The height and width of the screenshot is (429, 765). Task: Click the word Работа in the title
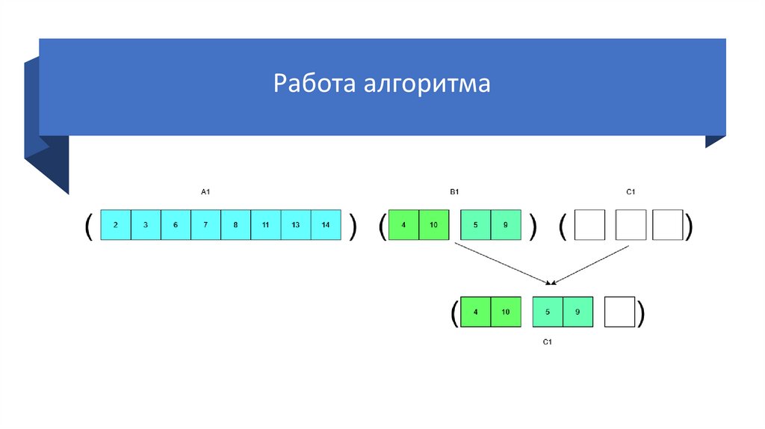click(315, 84)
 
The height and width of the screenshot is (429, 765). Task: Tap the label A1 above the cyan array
click(206, 193)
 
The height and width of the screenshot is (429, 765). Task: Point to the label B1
click(454, 193)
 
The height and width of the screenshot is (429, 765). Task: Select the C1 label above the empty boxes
click(630, 193)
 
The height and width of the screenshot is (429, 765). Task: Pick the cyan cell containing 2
click(115, 225)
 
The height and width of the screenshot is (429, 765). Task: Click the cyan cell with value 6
click(176, 225)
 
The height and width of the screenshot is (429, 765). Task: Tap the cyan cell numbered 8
click(235, 225)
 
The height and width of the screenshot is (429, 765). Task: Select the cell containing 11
click(266, 225)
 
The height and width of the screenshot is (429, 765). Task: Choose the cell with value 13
click(296, 225)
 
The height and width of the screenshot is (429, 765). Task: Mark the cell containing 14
click(326, 225)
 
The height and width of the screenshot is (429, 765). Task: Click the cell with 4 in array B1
click(404, 225)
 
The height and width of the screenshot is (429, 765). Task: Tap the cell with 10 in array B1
click(434, 225)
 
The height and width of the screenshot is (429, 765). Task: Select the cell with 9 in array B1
click(506, 225)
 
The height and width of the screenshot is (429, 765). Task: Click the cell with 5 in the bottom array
click(548, 312)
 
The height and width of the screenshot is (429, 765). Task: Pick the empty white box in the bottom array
click(619, 312)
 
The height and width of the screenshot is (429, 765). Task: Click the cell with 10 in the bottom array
click(505, 312)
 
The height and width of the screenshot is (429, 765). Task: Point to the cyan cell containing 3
click(146, 225)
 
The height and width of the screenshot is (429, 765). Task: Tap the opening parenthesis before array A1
click(88, 225)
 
